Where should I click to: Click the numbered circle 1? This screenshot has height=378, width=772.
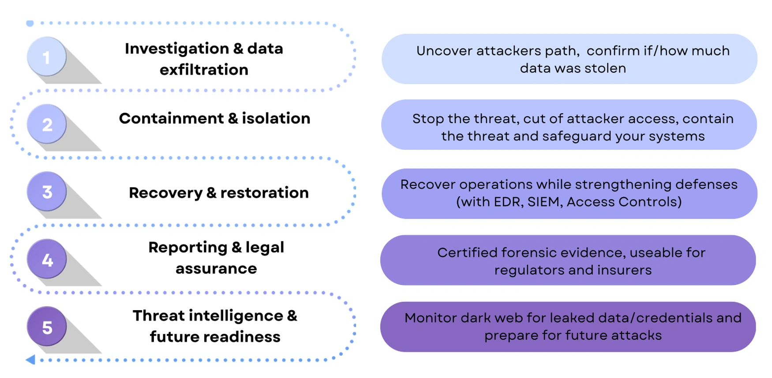pyautogui.click(x=47, y=56)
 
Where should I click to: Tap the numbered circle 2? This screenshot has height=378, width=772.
pyautogui.click(x=47, y=124)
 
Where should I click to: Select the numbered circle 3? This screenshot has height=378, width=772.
pyautogui.click(x=47, y=191)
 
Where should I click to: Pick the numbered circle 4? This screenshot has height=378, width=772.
pyautogui.click(x=47, y=259)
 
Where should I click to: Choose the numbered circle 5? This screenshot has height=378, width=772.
pyautogui.click(x=47, y=326)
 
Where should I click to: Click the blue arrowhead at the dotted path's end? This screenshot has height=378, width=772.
pyautogui.click(x=30, y=359)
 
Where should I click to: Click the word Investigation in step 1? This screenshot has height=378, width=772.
pyautogui.click(x=176, y=48)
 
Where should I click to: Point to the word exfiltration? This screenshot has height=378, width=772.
pyautogui.click(x=204, y=70)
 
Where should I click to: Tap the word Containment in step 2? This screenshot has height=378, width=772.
pyautogui.click(x=171, y=118)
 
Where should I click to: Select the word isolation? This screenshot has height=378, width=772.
pyautogui.click(x=276, y=118)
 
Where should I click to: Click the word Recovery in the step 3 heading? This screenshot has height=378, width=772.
pyautogui.click(x=165, y=193)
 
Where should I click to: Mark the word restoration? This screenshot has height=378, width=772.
pyautogui.click(x=264, y=193)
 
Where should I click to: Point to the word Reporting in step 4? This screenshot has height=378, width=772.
pyautogui.click(x=187, y=248)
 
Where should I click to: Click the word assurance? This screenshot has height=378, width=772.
pyautogui.click(x=216, y=268)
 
